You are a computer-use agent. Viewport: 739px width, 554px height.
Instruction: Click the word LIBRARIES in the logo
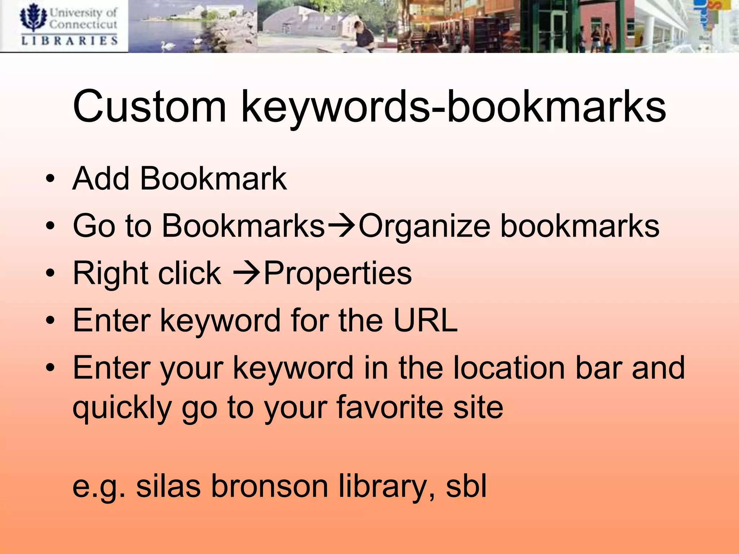(69, 41)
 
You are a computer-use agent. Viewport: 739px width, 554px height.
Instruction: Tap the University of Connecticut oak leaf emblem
(33, 18)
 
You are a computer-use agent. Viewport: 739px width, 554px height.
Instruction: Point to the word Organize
(424, 227)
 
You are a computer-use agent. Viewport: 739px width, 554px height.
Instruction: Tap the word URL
(425, 320)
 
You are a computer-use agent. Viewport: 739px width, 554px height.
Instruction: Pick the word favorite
(390, 407)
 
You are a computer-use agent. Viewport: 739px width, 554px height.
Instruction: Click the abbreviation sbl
(466, 486)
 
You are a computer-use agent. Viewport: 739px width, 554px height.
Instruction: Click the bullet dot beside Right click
(50, 273)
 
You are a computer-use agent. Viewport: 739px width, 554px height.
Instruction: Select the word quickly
(122, 408)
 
